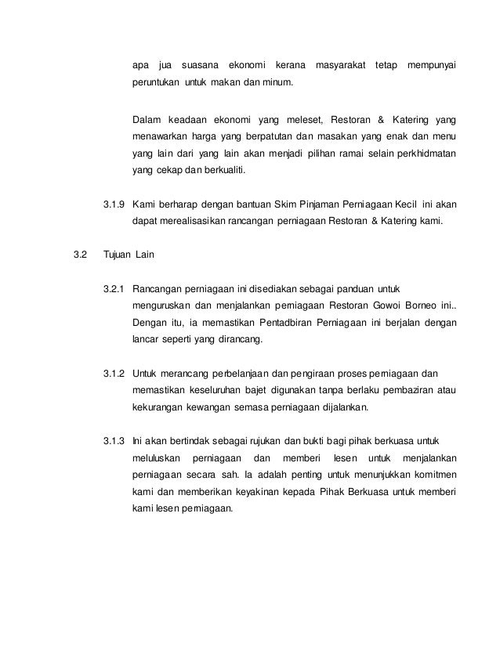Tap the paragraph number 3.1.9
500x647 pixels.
point(115,205)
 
